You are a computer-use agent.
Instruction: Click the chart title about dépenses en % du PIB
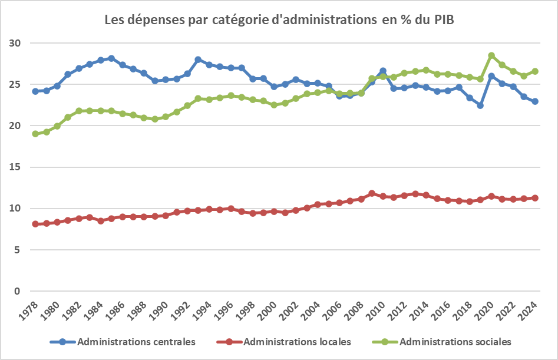[x=279, y=19]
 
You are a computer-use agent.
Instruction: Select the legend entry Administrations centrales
[x=136, y=342]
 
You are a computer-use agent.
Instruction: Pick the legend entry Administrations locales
[x=297, y=342]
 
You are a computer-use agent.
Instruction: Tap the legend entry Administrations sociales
[x=455, y=342]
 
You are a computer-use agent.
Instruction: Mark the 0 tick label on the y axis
[x=18, y=291]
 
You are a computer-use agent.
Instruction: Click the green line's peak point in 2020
[x=491, y=55]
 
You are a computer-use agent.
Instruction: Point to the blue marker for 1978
[x=35, y=91]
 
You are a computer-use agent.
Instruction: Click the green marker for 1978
[x=35, y=134]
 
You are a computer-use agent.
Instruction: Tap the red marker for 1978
[x=35, y=224]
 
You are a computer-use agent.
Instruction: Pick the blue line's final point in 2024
[x=535, y=101]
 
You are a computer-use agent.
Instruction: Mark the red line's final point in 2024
[x=535, y=198]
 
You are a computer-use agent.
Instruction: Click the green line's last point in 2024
[x=535, y=71]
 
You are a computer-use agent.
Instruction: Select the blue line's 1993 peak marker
[x=198, y=60]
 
